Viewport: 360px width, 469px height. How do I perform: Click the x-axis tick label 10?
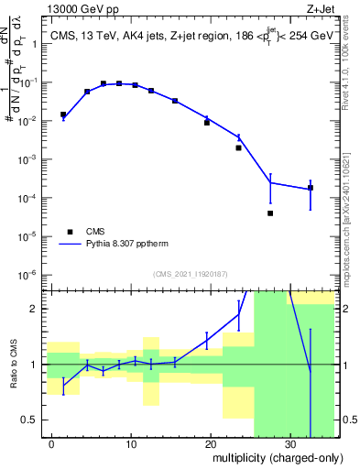[131, 442]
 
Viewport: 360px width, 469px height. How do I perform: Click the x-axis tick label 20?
[211, 442]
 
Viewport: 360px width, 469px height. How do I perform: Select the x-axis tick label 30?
[289, 442]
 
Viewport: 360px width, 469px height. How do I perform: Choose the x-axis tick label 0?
[52, 442]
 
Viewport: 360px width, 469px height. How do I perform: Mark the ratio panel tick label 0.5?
[31, 420]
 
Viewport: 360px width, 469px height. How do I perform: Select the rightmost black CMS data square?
[311, 188]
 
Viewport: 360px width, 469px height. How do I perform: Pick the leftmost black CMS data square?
[63, 115]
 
